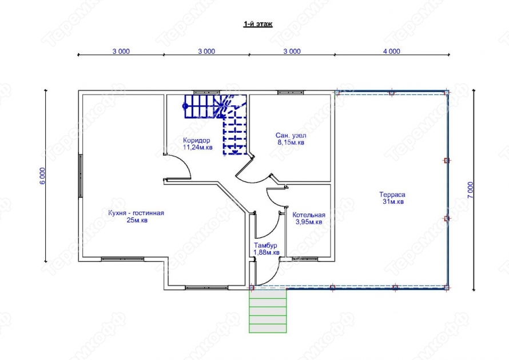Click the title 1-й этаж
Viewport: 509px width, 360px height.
pos(258,24)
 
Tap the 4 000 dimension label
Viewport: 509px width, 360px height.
pos(392,51)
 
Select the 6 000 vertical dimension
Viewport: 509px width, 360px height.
pos(42,176)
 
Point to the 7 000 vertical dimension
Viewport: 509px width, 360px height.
pos(471,190)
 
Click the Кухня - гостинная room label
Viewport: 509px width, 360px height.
pos(136,213)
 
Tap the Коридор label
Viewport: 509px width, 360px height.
pos(196,140)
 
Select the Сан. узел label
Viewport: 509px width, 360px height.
pos(291,135)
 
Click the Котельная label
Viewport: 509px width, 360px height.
pos(309,215)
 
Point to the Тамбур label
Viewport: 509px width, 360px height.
pos(265,246)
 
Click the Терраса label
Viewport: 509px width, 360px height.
pos(392,195)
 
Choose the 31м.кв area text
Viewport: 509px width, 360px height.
pos(393,202)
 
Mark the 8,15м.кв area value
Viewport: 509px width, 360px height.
pos(291,143)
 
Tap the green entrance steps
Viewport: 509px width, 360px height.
pos(268,311)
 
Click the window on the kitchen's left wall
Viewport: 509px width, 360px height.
pos(81,176)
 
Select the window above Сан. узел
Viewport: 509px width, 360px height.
pos(291,92)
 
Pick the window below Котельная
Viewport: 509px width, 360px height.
pos(305,259)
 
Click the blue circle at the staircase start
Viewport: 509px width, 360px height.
pos(185,106)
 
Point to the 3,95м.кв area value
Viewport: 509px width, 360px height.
pos(309,222)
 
